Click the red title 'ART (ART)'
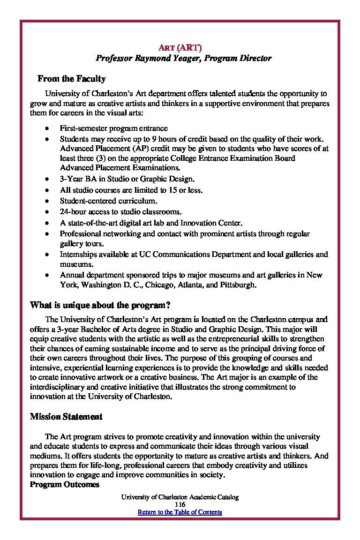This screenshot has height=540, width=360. pyautogui.click(x=180, y=47)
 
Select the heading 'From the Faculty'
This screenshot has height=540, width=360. pyautogui.click(x=71, y=79)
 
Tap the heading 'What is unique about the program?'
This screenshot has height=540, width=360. pyautogui.click(x=100, y=306)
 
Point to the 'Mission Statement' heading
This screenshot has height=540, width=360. pyautogui.click(x=66, y=417)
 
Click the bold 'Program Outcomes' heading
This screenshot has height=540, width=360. pyautogui.click(x=64, y=485)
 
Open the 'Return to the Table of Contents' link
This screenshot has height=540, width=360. pyautogui.click(x=180, y=512)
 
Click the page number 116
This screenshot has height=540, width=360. pyautogui.click(x=180, y=504)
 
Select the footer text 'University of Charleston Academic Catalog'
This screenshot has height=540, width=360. pyautogui.click(x=180, y=497)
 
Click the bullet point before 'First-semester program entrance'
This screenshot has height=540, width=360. pyautogui.click(x=47, y=128)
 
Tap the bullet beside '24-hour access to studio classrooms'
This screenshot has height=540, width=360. pyautogui.click(x=47, y=212)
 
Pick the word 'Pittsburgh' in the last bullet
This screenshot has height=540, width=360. pyautogui.click(x=240, y=285)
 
